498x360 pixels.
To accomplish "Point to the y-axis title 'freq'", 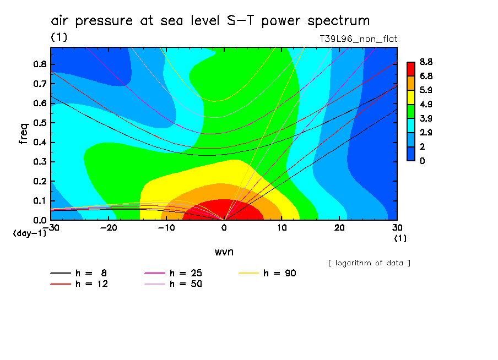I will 23,134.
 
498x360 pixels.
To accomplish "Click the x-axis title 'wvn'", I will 224,251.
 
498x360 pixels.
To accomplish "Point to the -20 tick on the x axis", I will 109,227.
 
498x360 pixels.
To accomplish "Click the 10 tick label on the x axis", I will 282,227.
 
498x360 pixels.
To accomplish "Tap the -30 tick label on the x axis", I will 51,227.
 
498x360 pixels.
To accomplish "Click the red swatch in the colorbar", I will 411,68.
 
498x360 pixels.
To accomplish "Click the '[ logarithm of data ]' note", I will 369,263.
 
